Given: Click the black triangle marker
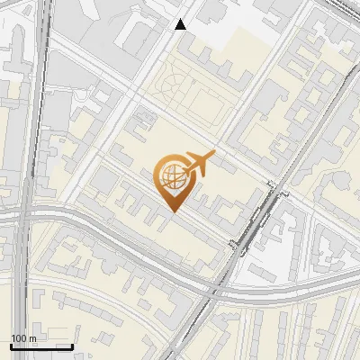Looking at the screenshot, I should click(181, 24).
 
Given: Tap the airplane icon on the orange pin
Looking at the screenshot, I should click(198, 164).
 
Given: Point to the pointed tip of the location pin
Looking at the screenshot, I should click(173, 211).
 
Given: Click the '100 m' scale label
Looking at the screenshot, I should click(23, 337).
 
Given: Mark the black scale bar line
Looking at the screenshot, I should click(41, 346).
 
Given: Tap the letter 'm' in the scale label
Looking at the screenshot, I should click(31, 337).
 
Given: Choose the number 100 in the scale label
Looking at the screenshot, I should click(19, 337).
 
